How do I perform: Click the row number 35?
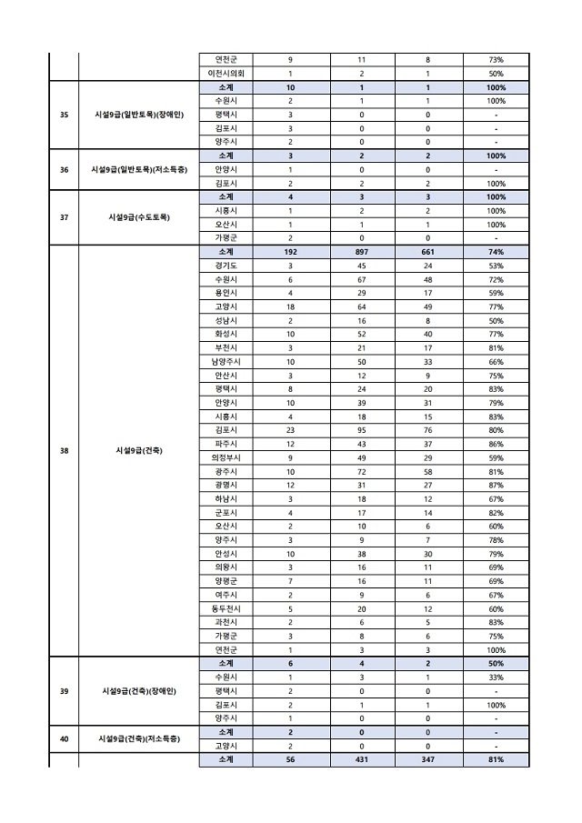(64, 115)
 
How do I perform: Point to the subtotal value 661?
(428, 251)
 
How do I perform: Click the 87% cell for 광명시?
(496, 485)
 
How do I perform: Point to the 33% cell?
(496, 677)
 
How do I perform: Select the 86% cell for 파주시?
(496, 443)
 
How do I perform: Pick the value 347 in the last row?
(428, 759)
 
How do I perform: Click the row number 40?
(64, 739)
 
